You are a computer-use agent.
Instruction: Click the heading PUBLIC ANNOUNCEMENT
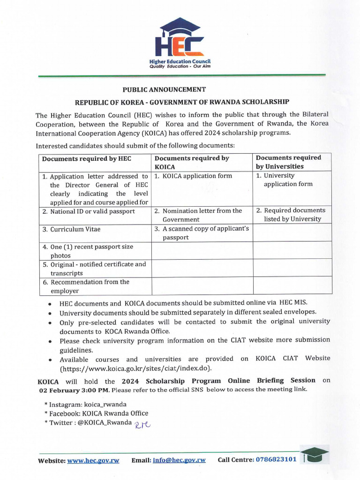coord(164,90)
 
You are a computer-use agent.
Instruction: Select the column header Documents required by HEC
coord(86,158)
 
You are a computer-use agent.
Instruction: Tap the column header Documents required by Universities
coord(288,162)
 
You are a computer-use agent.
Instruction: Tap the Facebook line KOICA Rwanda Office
coord(96,413)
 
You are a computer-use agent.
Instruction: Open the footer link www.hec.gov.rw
coord(93,460)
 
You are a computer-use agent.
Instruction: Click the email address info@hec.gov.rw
coord(179,460)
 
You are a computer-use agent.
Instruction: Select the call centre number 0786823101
coord(276,459)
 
